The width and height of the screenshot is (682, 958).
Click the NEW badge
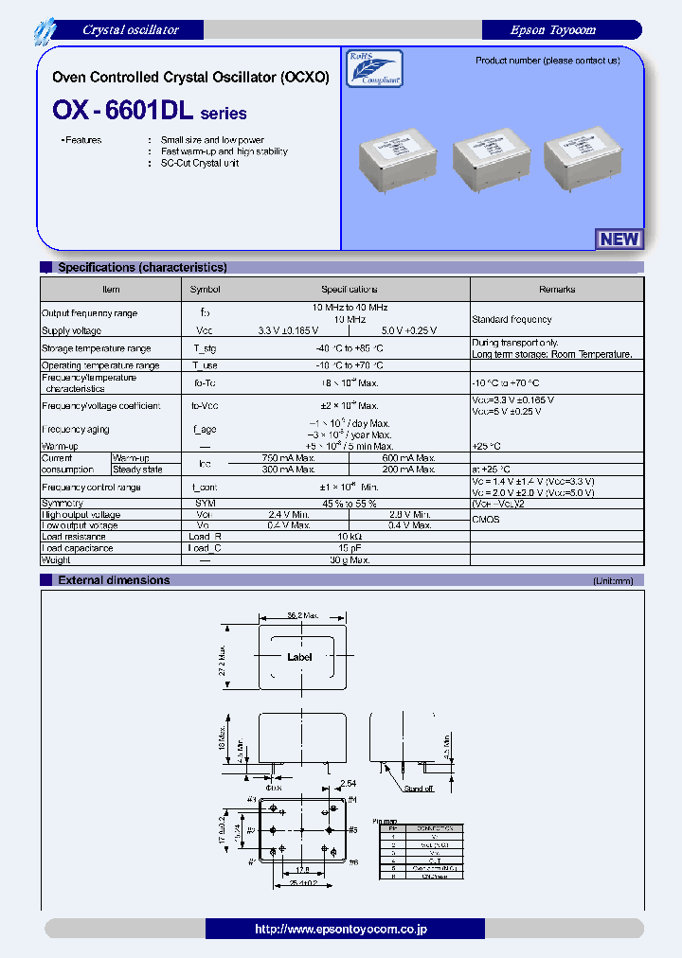619,239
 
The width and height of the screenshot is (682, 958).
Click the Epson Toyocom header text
552,30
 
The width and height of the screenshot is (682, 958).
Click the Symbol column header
205,289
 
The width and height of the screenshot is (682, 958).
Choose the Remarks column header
557,289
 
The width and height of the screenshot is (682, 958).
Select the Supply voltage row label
71,330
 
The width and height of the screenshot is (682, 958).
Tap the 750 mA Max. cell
288,457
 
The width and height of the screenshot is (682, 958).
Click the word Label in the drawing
299,657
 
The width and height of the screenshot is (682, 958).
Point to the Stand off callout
419,788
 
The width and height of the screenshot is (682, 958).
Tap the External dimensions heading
114,580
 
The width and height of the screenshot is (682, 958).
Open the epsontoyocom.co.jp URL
341,930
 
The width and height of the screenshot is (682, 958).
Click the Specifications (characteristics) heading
142,268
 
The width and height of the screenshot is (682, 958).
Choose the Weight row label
56,560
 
